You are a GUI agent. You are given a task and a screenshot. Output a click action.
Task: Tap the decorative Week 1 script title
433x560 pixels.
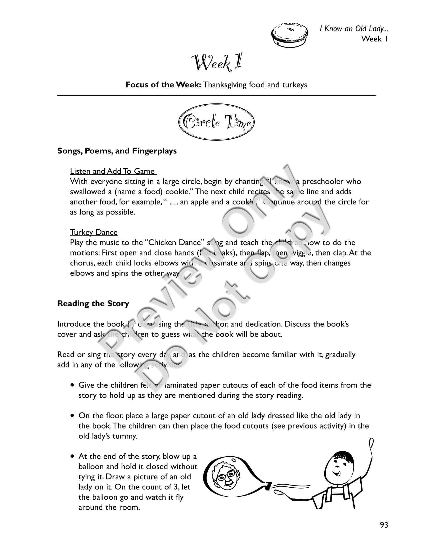click(x=217, y=62)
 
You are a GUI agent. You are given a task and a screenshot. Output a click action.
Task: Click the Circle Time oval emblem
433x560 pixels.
click(x=216, y=122)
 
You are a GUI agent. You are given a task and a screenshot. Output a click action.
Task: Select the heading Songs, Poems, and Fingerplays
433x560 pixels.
click(x=117, y=151)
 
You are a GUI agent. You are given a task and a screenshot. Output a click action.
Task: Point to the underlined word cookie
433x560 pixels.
click(x=177, y=192)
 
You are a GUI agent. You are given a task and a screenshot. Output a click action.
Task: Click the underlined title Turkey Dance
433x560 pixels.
click(x=94, y=232)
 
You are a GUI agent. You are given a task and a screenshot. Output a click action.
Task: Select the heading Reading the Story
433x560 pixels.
click(x=93, y=304)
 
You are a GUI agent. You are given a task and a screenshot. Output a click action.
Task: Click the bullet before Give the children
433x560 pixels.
click(x=73, y=385)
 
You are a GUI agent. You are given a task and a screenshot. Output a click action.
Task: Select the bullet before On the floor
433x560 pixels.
click(x=73, y=416)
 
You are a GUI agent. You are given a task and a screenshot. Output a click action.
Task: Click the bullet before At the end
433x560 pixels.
click(x=73, y=456)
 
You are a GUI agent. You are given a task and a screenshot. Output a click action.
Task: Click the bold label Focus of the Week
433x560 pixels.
click(x=163, y=85)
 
